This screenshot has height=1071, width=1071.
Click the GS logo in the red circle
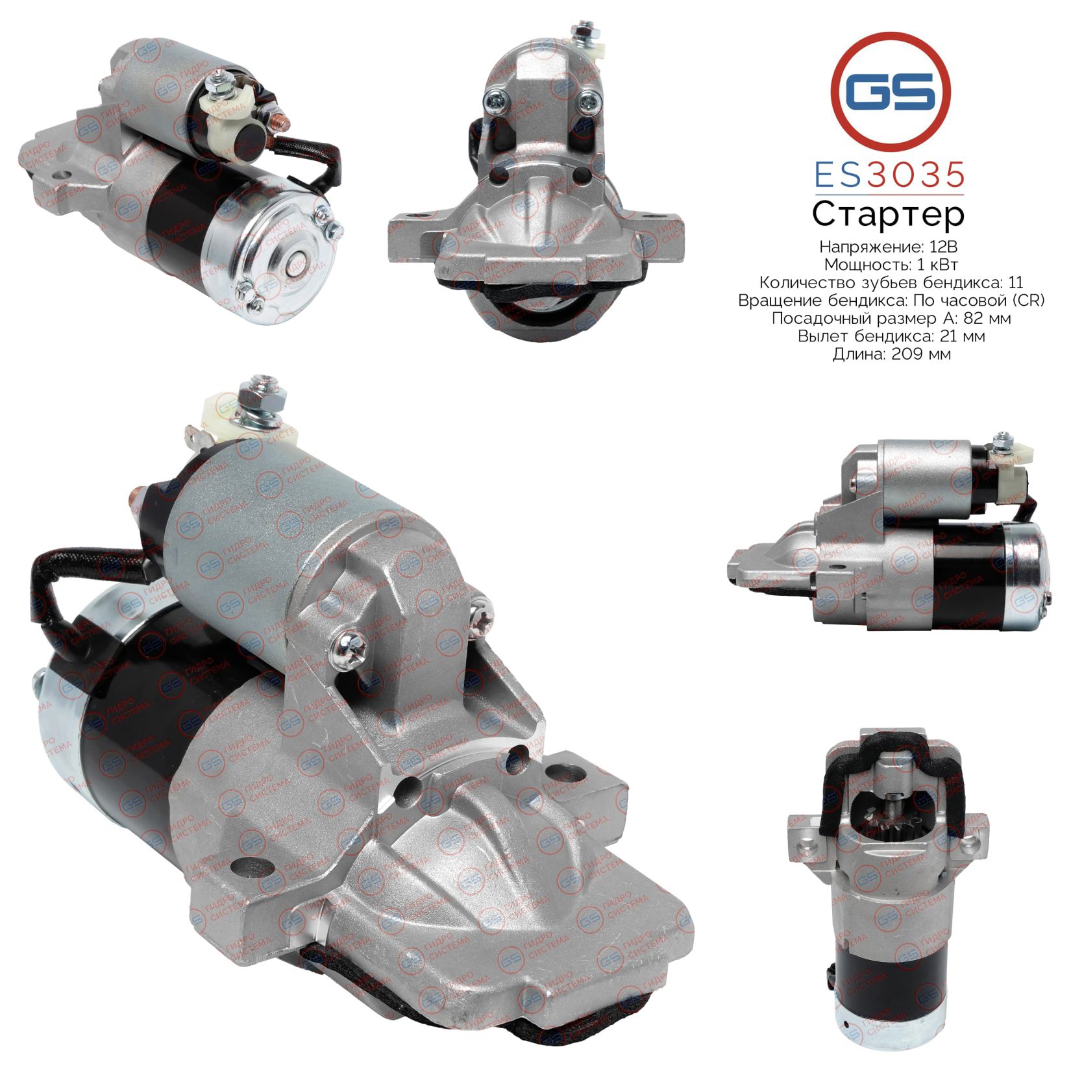click(891, 92)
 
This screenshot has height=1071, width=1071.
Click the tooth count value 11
click(1016, 282)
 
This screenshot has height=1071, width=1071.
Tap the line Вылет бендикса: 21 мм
click(891, 336)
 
